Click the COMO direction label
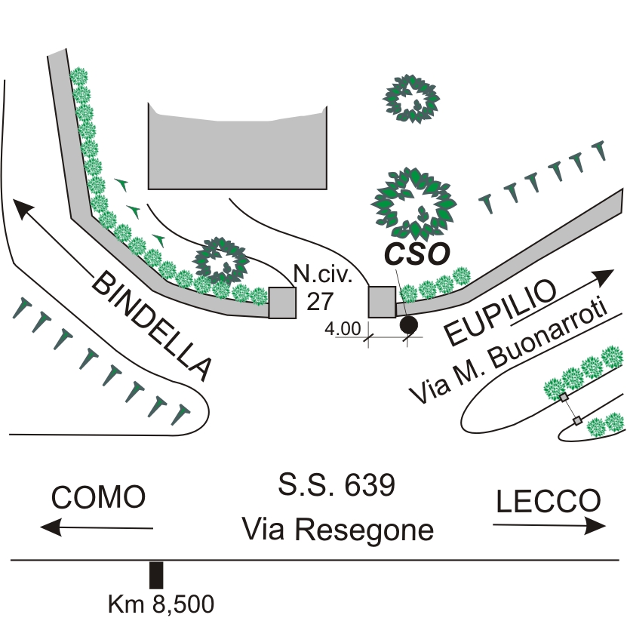click(98, 498)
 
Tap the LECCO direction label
click(549, 500)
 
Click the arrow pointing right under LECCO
click(550, 526)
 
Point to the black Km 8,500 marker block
click(156, 575)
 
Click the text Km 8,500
click(161, 604)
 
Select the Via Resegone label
click(338, 530)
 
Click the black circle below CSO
click(409, 325)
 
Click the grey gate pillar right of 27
click(382, 302)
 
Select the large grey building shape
click(238, 150)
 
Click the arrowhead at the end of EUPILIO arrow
click(605, 275)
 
